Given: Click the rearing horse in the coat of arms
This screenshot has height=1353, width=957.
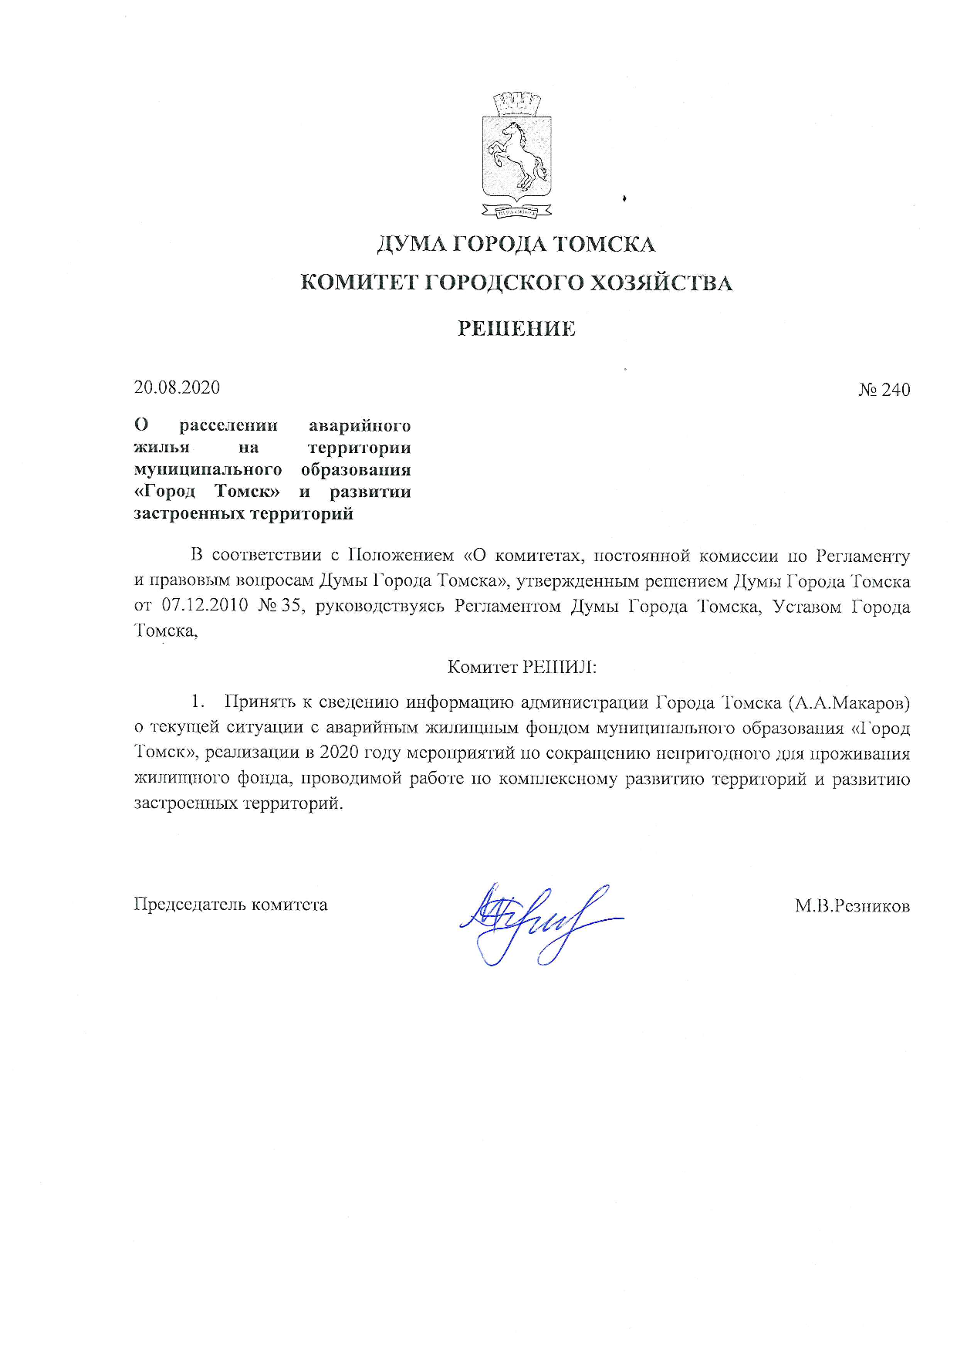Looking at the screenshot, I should (x=516, y=154).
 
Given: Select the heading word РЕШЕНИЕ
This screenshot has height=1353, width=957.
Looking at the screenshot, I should (x=516, y=329).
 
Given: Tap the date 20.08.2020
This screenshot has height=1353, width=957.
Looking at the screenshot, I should (x=177, y=387).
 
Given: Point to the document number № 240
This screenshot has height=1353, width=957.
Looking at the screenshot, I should (x=884, y=390).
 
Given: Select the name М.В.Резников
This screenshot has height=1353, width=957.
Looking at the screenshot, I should (x=852, y=905).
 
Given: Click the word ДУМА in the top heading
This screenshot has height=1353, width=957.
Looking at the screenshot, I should (x=409, y=245).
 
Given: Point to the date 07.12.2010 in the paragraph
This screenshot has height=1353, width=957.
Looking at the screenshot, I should (x=205, y=606).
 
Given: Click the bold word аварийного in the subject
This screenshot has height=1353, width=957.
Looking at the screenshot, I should (x=359, y=425).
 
